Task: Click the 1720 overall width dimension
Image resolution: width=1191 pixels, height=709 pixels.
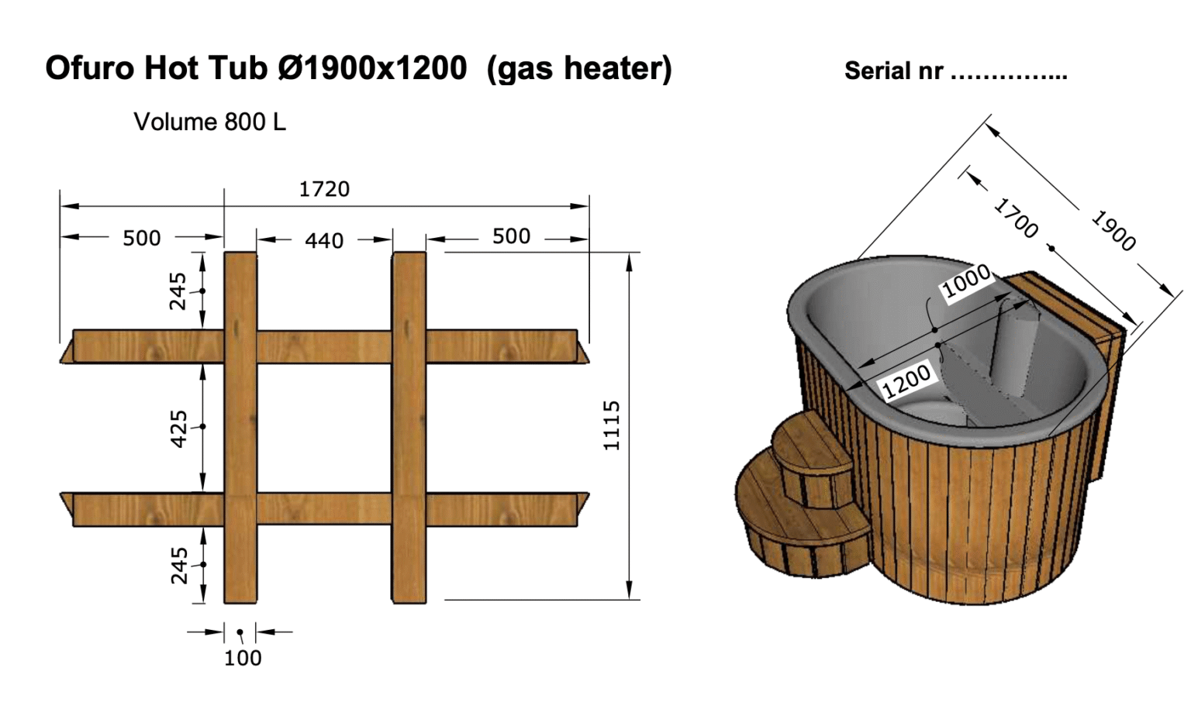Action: [324, 189]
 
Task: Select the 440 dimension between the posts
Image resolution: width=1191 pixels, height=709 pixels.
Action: [324, 241]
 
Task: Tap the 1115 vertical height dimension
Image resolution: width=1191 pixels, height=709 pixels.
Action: [612, 425]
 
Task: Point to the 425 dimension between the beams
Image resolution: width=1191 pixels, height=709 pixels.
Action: [178, 429]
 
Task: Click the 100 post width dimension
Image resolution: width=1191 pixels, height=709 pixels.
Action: [243, 659]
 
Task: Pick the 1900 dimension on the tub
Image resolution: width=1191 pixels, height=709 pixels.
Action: [1113, 231]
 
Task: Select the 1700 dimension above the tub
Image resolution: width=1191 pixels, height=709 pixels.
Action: [1016, 218]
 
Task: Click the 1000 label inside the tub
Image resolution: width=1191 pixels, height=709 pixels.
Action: [967, 282]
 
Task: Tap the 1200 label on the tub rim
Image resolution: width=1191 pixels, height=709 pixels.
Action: [906, 380]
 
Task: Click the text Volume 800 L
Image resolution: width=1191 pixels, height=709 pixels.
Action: [210, 122]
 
